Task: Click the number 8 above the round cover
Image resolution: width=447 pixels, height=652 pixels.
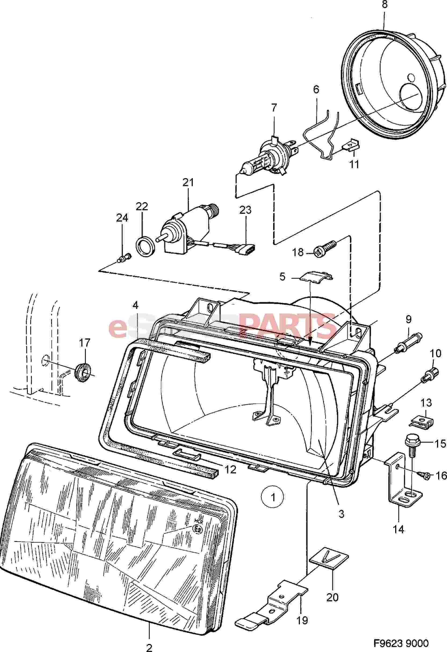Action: [x=384, y=5]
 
